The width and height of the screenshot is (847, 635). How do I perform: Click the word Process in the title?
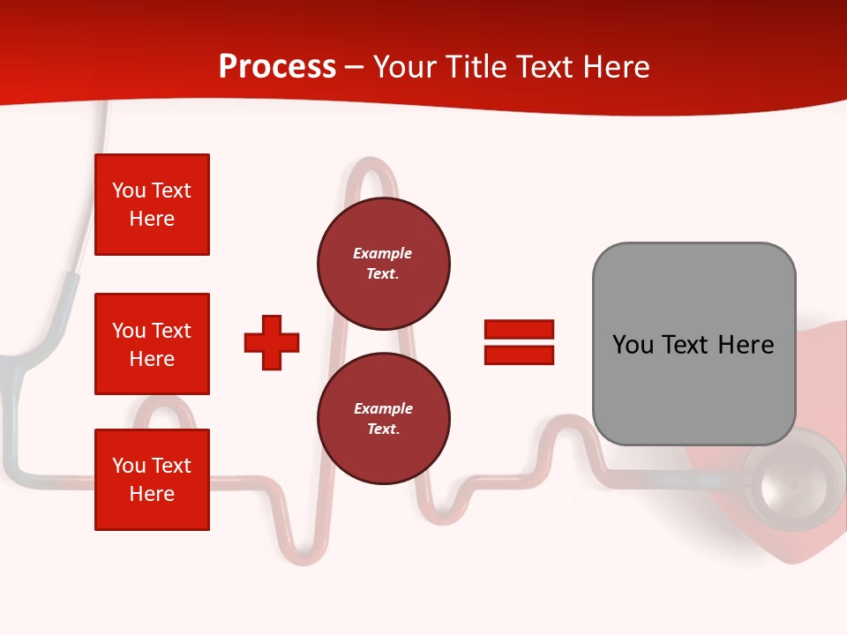[277, 67]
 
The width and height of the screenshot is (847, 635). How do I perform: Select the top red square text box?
[152, 205]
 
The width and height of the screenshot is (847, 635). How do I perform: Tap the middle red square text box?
[152, 344]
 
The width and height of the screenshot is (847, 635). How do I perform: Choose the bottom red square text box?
[152, 480]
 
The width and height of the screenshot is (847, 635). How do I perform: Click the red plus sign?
[272, 342]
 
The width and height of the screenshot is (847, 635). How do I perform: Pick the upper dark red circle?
[383, 264]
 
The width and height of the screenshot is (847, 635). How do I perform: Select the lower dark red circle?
[383, 419]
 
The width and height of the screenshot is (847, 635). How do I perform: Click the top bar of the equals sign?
[519, 330]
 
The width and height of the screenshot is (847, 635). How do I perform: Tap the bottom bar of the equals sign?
[519, 355]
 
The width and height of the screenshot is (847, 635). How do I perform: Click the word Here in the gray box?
[746, 345]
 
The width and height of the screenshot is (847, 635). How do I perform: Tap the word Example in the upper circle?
[382, 253]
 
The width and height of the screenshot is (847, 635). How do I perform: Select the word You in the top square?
[129, 190]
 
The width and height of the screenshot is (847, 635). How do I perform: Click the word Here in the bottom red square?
[152, 494]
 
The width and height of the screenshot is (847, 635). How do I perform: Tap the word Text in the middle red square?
[171, 331]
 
